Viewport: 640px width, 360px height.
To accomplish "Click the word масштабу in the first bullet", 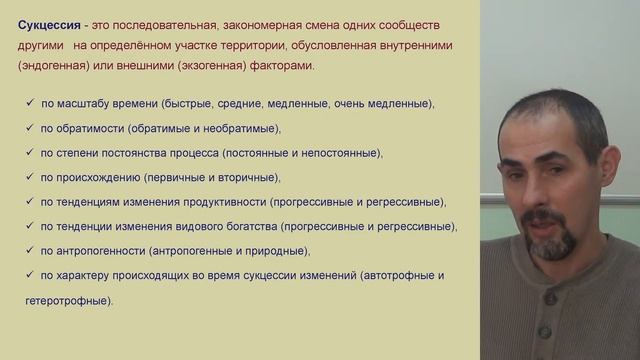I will [x=91, y=104].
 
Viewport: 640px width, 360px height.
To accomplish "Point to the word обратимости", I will [x=102, y=128].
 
